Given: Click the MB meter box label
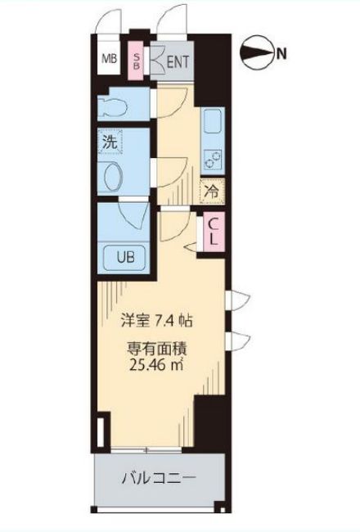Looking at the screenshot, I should [108, 58].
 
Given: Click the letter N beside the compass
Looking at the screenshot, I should [281, 55].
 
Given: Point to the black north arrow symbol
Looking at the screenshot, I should [258, 55].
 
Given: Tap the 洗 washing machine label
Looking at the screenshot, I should [110, 142].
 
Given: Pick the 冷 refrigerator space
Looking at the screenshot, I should [210, 194].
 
